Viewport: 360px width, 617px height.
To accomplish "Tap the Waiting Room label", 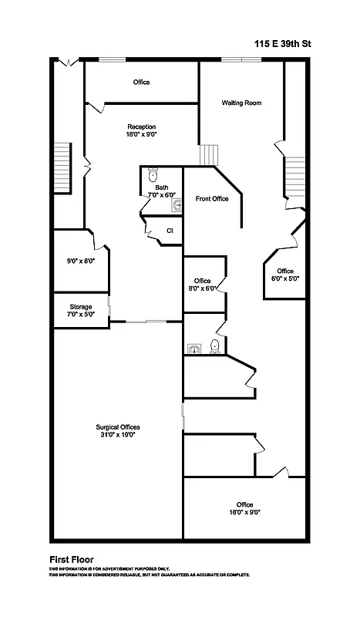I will [x=238, y=103].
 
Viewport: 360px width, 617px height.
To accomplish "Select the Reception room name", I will [x=141, y=126].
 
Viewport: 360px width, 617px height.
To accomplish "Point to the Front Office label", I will [x=212, y=199].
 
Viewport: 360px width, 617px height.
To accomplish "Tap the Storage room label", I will [x=81, y=306].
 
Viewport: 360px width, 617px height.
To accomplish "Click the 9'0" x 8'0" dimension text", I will [x=81, y=261].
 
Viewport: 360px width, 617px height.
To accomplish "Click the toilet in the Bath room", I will [x=153, y=174].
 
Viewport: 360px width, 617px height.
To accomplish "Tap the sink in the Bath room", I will [x=177, y=204].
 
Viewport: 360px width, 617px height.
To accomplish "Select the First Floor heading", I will [x=72, y=559].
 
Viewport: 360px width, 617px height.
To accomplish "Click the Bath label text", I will [x=162, y=187].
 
